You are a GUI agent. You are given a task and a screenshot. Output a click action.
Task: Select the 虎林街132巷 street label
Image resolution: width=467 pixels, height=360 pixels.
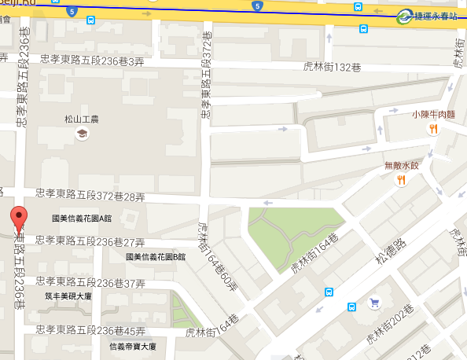pyautogui.click(x=330, y=66)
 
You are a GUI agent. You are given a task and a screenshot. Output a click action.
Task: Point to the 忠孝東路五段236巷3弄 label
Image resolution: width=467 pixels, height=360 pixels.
pyautogui.click(x=92, y=61)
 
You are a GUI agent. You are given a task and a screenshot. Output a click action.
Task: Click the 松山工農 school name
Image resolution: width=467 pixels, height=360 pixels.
pyautogui.click(x=81, y=119)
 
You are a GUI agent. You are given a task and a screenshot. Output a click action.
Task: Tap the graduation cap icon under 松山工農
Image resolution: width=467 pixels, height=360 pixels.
pyautogui.click(x=81, y=134)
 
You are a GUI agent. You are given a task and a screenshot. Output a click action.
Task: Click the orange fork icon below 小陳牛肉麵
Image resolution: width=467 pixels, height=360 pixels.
pyautogui.click(x=433, y=130)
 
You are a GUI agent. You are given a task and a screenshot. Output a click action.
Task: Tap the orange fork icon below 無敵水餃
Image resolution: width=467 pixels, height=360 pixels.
pyautogui.click(x=400, y=180)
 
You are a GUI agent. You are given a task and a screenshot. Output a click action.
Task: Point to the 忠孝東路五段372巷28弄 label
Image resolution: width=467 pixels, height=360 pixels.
pyautogui.click(x=91, y=193)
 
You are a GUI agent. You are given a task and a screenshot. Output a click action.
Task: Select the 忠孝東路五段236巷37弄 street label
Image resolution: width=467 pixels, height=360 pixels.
pyautogui.click(x=91, y=282)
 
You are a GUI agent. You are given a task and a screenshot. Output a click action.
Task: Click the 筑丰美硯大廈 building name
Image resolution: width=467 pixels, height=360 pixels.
pyautogui.click(x=69, y=296)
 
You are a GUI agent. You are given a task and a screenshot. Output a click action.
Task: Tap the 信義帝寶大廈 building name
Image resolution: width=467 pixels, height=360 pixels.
pyautogui.click(x=132, y=346)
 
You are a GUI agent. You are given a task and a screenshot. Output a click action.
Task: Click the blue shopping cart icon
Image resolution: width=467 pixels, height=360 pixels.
pyautogui.click(x=375, y=302)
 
